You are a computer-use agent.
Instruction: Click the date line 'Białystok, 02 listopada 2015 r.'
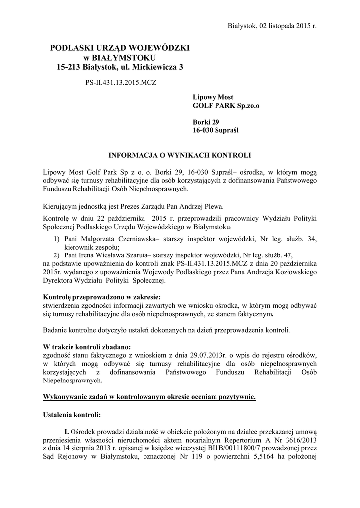(x=272, y=25)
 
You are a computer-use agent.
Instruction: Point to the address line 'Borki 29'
(x=206, y=122)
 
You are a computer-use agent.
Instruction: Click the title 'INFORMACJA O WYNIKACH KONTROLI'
(x=180, y=155)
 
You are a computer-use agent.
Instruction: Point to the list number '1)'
(x=57, y=239)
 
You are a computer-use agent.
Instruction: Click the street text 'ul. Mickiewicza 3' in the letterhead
(x=155, y=66)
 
